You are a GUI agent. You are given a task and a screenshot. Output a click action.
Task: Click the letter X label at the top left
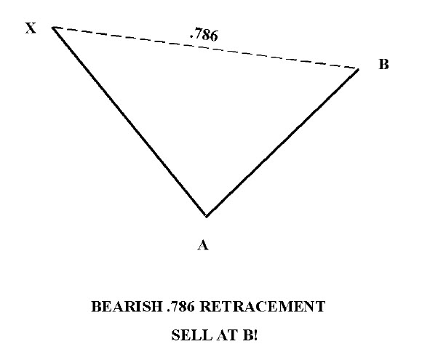coord(31,28)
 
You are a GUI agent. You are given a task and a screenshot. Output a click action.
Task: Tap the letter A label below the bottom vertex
coord(203,245)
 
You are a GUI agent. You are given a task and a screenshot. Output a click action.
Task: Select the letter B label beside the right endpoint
coord(383,64)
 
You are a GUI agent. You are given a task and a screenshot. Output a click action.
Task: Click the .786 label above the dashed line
coord(204,34)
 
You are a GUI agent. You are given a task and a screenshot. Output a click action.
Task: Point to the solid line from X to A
coord(130,121)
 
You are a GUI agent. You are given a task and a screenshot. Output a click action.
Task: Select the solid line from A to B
coord(282,143)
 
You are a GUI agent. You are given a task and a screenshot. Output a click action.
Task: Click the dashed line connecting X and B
coord(206,48)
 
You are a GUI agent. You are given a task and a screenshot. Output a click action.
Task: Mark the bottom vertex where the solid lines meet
coord(206,216)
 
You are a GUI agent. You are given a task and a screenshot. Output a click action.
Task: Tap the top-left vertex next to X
coord(53,28)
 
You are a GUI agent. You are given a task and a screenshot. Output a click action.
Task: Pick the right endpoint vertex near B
coord(358,69)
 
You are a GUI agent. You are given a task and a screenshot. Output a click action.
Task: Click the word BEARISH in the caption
coord(127,306)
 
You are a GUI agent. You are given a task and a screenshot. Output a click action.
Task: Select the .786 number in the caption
coord(180,307)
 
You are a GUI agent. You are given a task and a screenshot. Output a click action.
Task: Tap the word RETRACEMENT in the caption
coord(263,306)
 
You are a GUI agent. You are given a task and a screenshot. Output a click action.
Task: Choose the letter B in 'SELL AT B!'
coord(247,335)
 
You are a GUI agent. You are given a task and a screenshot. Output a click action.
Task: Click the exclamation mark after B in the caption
coord(255,335)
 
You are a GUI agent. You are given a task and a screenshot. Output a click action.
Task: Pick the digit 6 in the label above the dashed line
coord(213,36)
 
